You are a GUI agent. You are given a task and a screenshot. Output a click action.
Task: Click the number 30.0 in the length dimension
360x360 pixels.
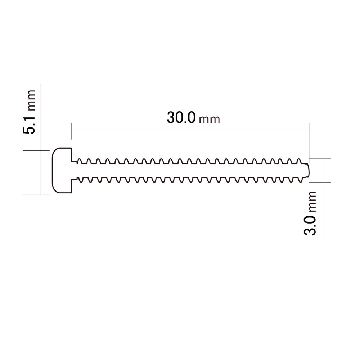(x=181, y=118)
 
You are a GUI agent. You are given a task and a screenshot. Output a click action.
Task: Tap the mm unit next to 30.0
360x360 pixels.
(x=209, y=120)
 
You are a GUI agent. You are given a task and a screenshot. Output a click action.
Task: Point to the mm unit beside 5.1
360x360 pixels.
(x=31, y=100)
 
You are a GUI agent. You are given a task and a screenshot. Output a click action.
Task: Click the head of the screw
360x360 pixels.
(x=62, y=170)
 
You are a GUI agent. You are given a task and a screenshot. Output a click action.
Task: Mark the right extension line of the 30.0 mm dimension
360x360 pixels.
(x=309, y=140)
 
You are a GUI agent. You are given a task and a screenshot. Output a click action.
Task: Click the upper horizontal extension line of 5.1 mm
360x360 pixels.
(x=36, y=150)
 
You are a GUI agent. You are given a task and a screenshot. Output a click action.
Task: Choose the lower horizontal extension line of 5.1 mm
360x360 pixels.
(x=36, y=195)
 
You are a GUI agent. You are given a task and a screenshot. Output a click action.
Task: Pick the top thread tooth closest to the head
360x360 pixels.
(x=79, y=160)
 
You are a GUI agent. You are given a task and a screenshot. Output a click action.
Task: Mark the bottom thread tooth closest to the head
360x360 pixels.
(x=79, y=180)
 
